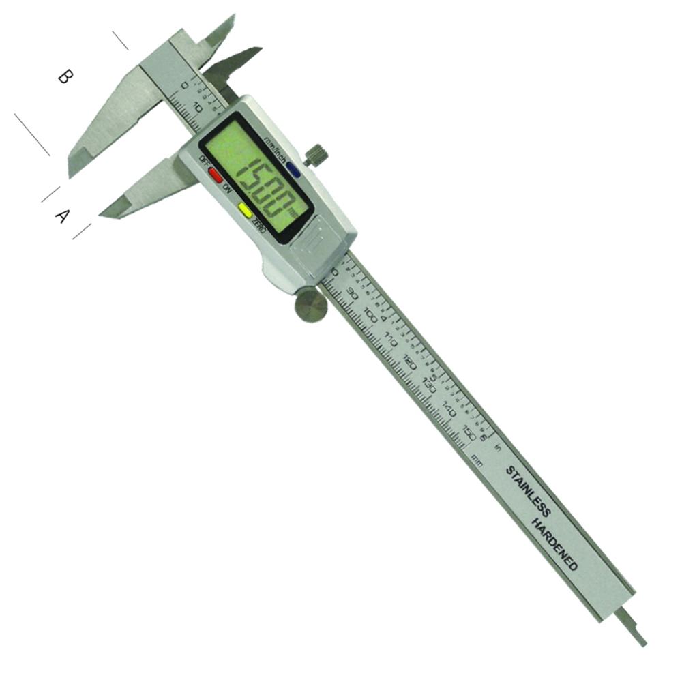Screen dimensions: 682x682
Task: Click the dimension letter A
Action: (61, 216)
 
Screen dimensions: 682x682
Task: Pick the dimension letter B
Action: (63, 76)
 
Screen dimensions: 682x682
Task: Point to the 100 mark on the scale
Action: (372, 316)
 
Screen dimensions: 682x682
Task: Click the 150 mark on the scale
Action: (469, 433)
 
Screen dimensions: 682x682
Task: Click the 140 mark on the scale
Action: (449, 410)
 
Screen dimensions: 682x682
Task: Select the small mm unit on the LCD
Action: (293, 212)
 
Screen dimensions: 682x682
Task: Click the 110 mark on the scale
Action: (391, 339)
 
